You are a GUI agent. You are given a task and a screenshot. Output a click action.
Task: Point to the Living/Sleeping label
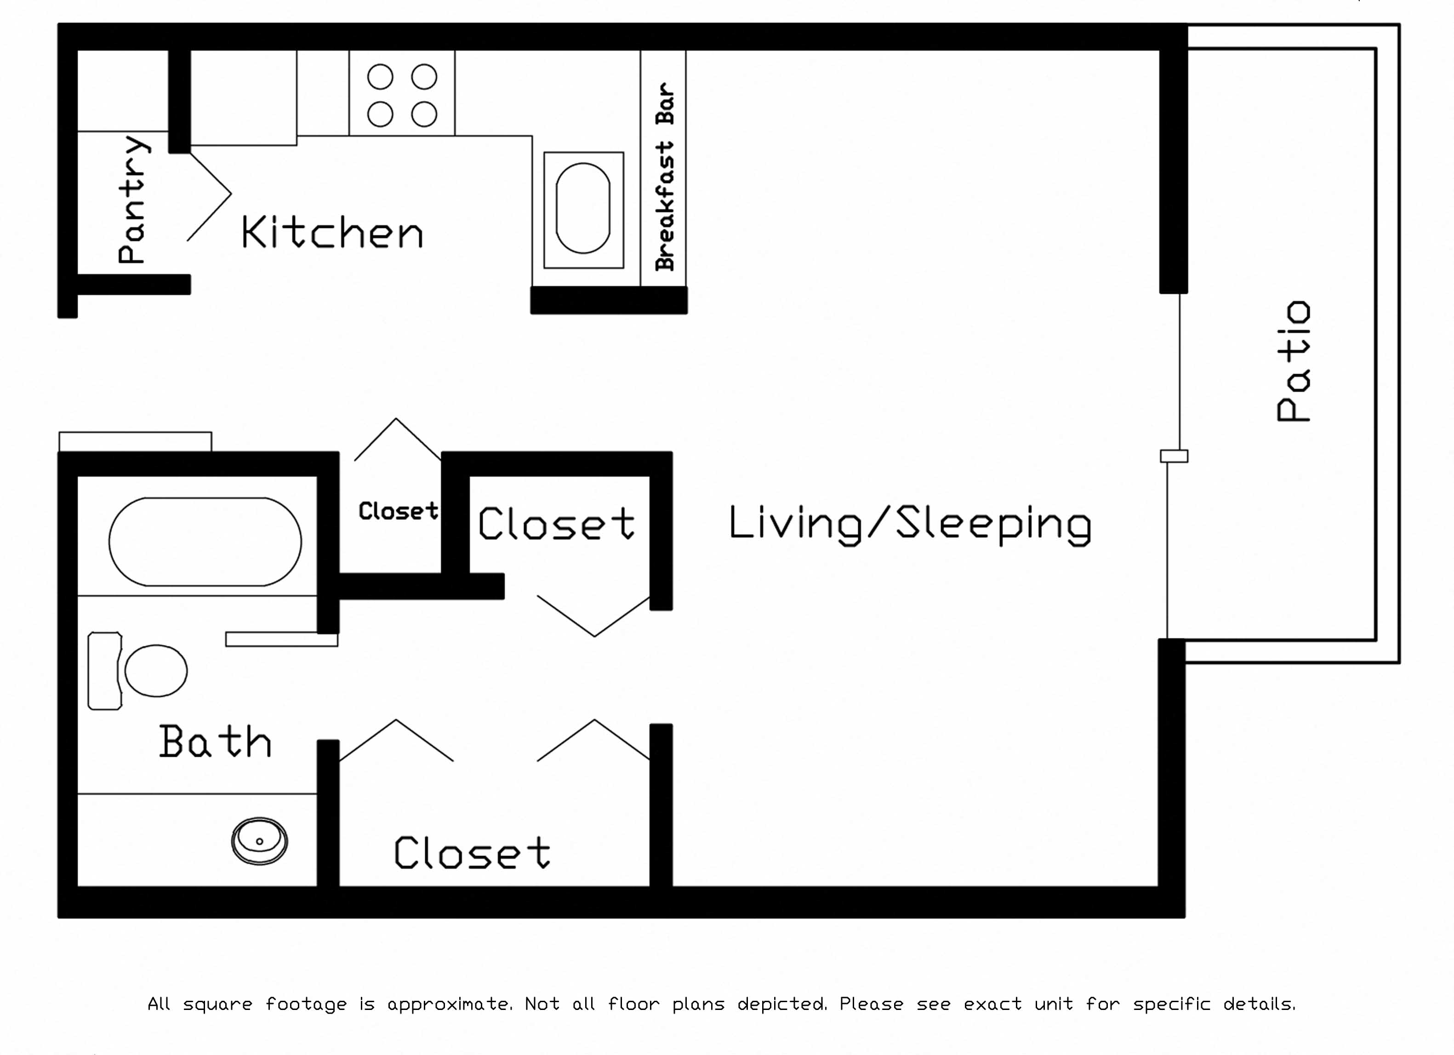(910, 525)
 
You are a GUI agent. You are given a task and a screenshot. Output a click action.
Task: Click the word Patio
(1293, 361)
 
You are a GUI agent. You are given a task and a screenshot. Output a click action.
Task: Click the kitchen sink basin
(583, 208)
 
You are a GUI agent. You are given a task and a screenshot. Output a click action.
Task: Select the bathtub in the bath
(205, 542)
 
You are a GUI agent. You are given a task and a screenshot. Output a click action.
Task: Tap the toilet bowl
(156, 670)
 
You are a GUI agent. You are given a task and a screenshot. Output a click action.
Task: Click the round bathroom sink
(260, 841)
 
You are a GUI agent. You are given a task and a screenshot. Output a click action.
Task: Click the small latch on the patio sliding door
(1174, 456)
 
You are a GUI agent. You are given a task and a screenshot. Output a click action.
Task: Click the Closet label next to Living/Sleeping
(556, 523)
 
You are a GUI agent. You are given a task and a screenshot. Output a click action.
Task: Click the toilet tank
(104, 670)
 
